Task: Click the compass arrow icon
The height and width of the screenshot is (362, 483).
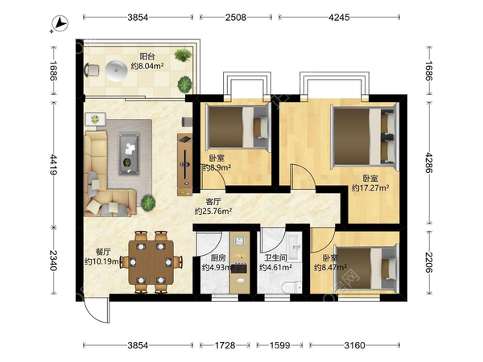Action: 60,23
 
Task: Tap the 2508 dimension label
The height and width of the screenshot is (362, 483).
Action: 236,17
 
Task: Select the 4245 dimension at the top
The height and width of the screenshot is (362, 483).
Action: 339,17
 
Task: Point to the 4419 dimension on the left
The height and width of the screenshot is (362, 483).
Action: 54,164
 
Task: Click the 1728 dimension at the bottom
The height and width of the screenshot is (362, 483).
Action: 225,345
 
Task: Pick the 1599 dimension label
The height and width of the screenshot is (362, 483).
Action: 279,345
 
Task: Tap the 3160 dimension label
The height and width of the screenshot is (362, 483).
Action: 354,345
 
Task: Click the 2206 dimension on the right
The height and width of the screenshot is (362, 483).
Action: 429,262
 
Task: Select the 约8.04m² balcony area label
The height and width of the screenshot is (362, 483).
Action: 147,66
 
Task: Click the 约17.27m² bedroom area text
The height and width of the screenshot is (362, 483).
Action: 370,187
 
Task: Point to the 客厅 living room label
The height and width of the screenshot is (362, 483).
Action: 213,202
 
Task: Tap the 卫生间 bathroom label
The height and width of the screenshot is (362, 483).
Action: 275,257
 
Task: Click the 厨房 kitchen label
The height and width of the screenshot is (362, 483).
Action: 218,257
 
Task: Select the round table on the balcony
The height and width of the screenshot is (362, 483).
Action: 116,70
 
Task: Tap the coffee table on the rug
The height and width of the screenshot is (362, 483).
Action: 129,154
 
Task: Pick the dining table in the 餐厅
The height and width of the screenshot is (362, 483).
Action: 151,262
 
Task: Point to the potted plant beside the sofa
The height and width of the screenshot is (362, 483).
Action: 148,203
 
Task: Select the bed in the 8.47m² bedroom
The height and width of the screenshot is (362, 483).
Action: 366,266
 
